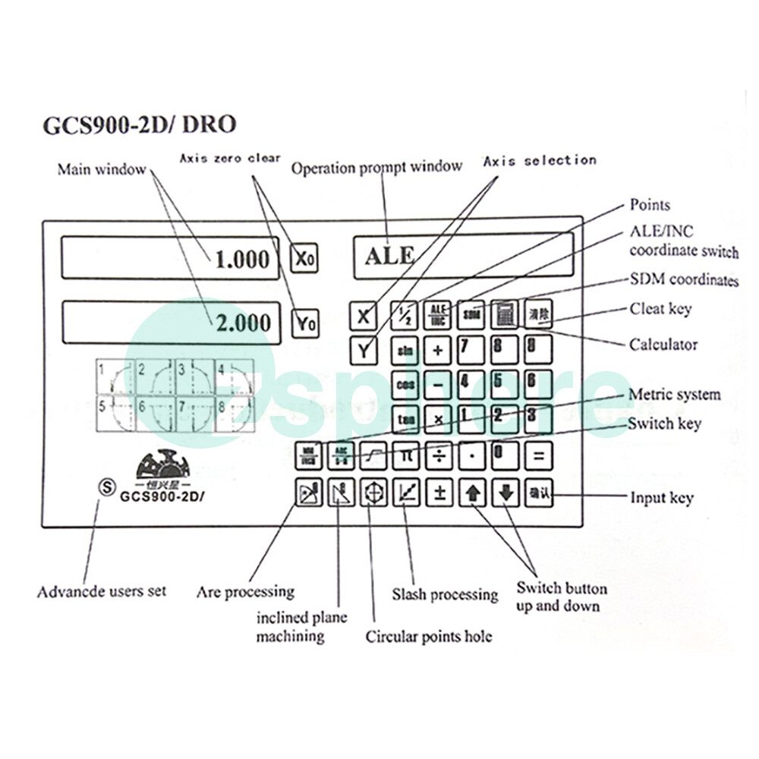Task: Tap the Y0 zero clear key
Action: [306, 323]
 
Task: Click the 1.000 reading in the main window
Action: [242, 260]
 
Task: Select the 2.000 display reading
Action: [242, 323]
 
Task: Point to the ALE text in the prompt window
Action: [389, 255]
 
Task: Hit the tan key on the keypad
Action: [405, 418]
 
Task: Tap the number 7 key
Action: [471, 349]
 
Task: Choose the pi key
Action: [405, 455]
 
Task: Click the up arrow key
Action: [473, 493]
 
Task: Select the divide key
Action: [439, 455]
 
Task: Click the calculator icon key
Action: [504, 313]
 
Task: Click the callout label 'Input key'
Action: [661, 498]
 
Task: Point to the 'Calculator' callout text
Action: [663, 345]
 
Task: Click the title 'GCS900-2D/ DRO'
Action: [139, 124]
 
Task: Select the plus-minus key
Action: [439, 493]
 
